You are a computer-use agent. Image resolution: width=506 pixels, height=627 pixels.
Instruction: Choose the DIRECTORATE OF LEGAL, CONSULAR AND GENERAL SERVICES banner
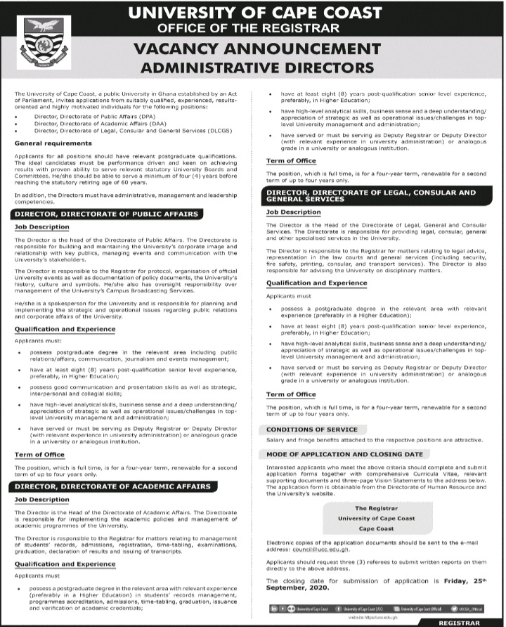coord(370,195)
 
